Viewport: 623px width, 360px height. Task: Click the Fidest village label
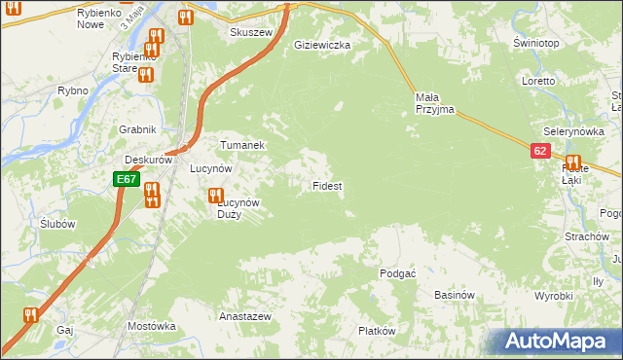click(x=326, y=185)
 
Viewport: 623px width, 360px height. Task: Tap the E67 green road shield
click(x=127, y=180)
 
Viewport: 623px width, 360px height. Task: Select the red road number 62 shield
click(x=541, y=152)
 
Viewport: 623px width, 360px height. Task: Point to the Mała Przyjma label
click(x=434, y=103)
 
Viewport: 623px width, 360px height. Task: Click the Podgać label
click(x=398, y=273)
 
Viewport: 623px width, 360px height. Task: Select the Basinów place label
click(x=454, y=295)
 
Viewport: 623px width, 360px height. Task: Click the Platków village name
click(x=377, y=331)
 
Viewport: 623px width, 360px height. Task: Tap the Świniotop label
click(x=535, y=45)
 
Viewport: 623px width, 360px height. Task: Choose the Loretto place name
click(x=537, y=82)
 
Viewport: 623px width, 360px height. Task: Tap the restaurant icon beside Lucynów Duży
click(x=215, y=196)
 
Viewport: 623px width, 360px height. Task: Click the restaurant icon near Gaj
click(x=29, y=314)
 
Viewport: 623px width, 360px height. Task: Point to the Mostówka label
click(x=150, y=326)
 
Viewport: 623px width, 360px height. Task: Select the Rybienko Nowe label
click(x=97, y=18)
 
